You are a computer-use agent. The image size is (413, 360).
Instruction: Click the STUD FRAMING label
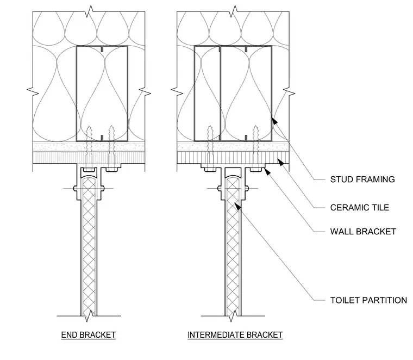click(362, 179)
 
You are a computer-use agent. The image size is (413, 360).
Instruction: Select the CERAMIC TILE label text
click(360, 208)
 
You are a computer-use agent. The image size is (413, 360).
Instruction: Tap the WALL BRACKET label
click(363, 232)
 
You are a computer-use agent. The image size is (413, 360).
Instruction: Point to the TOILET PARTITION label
click(368, 300)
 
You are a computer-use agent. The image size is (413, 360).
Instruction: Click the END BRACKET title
click(89, 335)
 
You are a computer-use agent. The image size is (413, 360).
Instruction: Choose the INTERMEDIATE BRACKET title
click(235, 335)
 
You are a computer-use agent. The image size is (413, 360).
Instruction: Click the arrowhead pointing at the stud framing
click(274, 121)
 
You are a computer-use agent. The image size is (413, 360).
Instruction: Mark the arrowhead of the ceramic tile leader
click(281, 163)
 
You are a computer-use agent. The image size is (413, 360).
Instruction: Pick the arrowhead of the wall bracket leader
click(267, 172)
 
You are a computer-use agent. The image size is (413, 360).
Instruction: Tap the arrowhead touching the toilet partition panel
click(237, 206)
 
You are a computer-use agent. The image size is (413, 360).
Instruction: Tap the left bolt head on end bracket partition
click(76, 189)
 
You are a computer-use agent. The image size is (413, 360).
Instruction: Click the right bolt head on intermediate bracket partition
click(247, 189)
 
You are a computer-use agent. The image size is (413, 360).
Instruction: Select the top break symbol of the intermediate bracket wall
click(234, 11)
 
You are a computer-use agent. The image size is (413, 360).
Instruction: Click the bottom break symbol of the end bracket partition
click(89, 316)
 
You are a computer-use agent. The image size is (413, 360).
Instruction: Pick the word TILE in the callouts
click(379, 208)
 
